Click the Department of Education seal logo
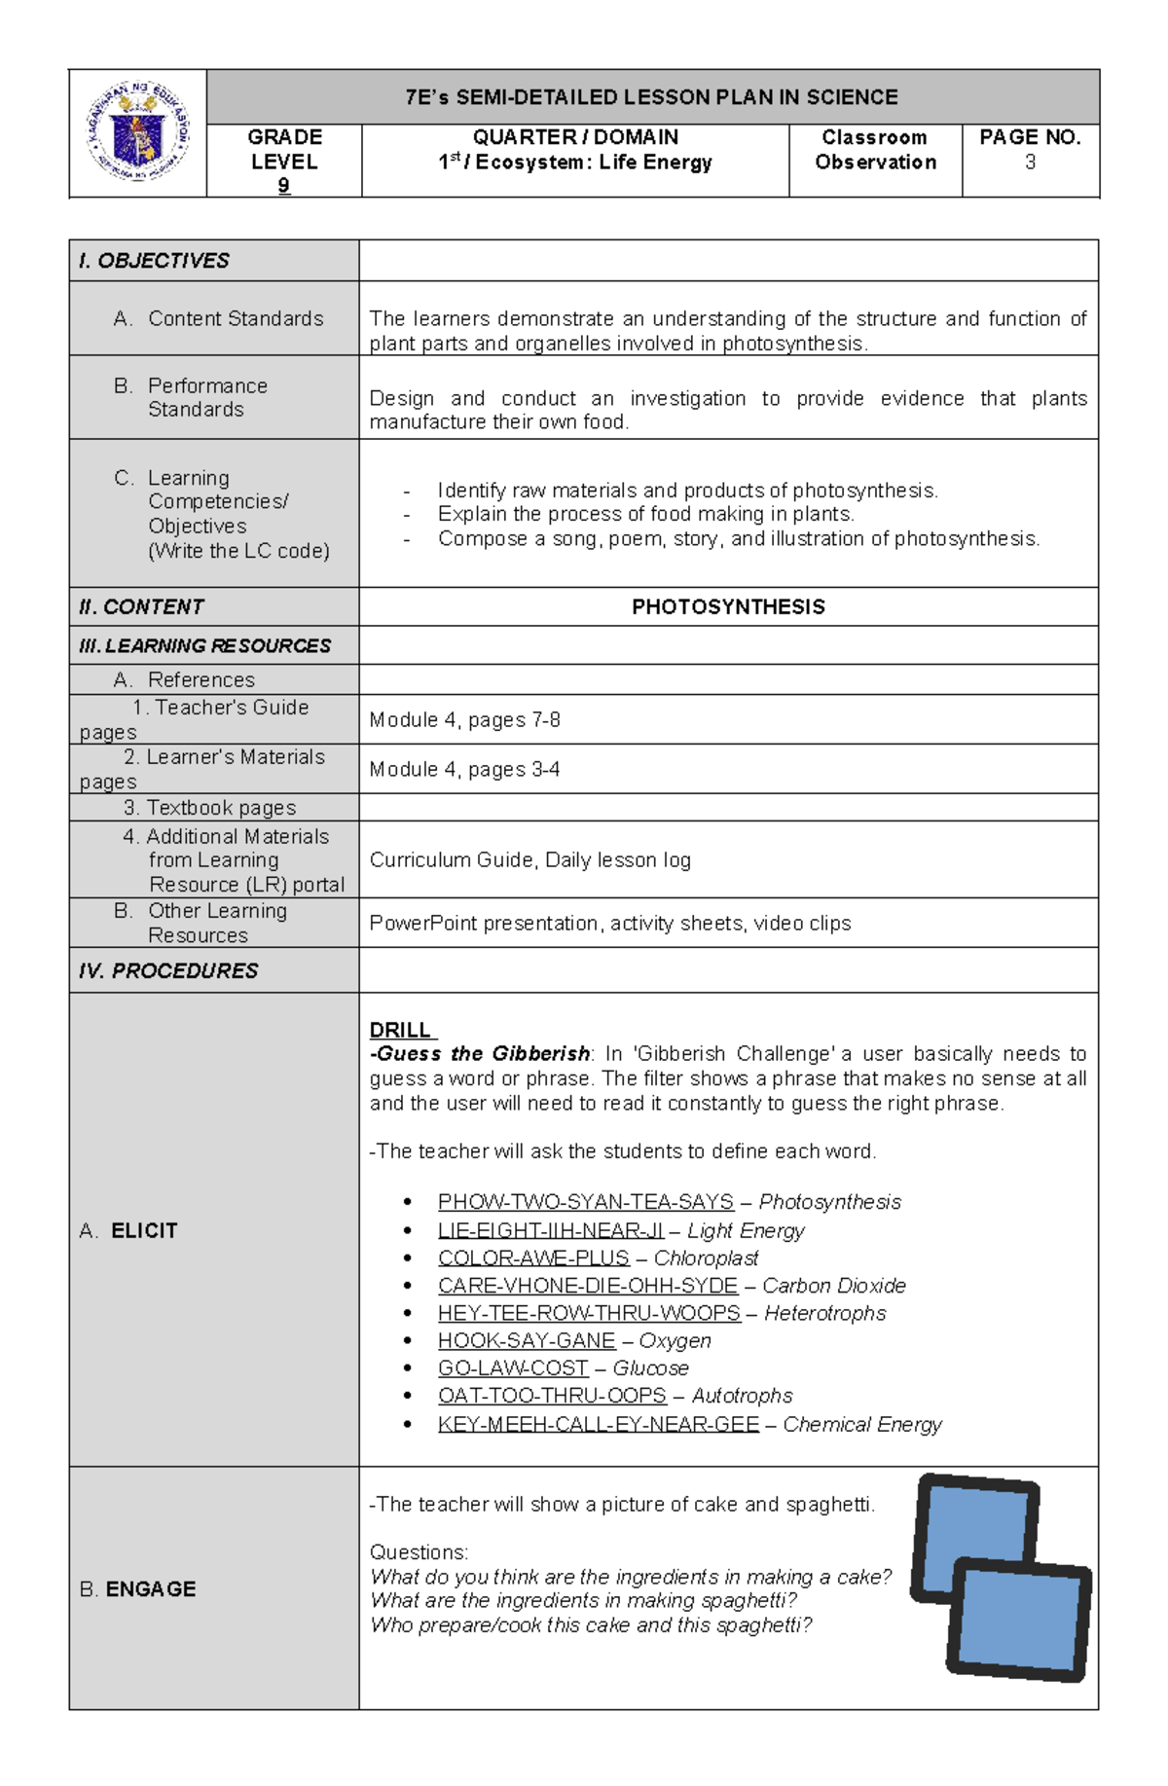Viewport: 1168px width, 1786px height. click(x=138, y=132)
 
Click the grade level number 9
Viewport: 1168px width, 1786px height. click(x=283, y=185)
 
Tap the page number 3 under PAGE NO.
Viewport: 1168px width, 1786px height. click(x=1030, y=163)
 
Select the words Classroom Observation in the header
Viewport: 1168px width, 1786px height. click(x=875, y=150)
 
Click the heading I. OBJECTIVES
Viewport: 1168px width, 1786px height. click(x=154, y=261)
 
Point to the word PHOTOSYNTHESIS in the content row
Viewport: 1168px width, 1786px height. click(x=728, y=607)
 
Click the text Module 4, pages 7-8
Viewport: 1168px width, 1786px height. click(x=464, y=720)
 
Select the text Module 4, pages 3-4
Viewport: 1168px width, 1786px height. click(x=464, y=770)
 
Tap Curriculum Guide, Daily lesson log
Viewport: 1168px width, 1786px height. click(x=529, y=860)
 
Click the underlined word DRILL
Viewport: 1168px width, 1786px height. click(x=401, y=1030)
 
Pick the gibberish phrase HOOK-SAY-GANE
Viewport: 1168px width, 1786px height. click(x=526, y=1341)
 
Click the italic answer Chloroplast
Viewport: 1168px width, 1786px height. click(x=706, y=1257)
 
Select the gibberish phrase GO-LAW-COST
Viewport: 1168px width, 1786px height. click(x=513, y=1368)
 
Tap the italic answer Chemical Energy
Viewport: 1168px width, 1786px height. click(x=862, y=1425)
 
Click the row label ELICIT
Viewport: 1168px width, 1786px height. click(x=143, y=1231)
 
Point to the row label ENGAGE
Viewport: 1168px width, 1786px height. click(x=150, y=1589)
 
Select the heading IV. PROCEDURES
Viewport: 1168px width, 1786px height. click(x=168, y=971)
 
